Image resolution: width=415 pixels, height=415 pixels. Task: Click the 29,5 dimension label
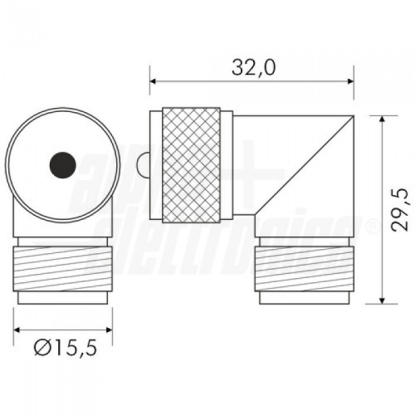[401, 207]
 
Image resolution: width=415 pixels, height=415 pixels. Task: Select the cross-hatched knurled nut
[192, 165]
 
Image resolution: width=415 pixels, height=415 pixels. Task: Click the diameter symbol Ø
[42, 349]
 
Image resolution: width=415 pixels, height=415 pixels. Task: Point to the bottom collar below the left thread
[63, 297]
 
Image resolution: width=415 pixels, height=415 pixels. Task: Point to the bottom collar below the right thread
[304, 297]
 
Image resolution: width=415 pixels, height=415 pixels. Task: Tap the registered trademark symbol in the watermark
[371, 226]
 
